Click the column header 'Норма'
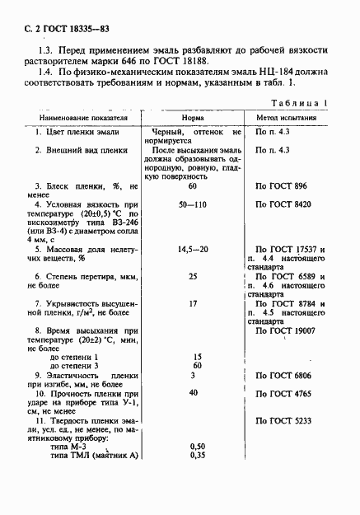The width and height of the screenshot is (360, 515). click(192, 117)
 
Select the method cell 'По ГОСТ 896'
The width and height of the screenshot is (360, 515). click(283, 187)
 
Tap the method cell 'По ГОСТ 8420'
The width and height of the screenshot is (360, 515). click(285, 203)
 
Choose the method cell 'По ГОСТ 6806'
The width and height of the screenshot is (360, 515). click(285, 375)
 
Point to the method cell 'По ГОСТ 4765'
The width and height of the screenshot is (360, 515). click(285, 394)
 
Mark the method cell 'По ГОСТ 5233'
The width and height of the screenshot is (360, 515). click(285, 420)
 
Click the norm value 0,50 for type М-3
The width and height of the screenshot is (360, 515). click(197, 446)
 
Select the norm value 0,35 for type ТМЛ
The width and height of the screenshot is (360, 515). click(197, 455)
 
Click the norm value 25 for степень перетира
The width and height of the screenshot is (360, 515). click(193, 276)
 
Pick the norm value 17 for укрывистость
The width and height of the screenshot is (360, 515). click(193, 303)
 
